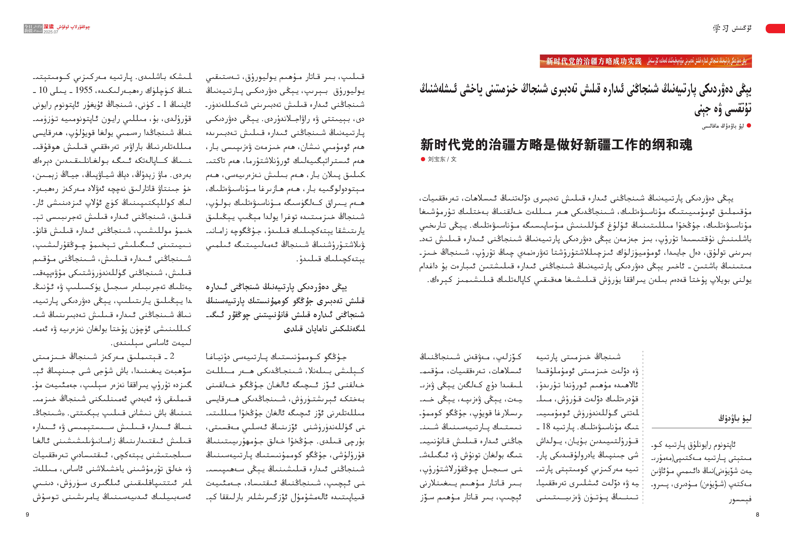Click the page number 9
pyautogui.click(x=27, y=515)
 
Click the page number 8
pyautogui.click(x=757, y=515)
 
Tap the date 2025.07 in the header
pyautogui.click(x=51, y=32)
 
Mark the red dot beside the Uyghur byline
pyautogui.click(x=749, y=126)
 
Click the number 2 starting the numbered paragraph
pyautogui.click(x=172, y=356)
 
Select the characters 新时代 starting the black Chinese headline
pyautogui.click(x=442, y=145)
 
